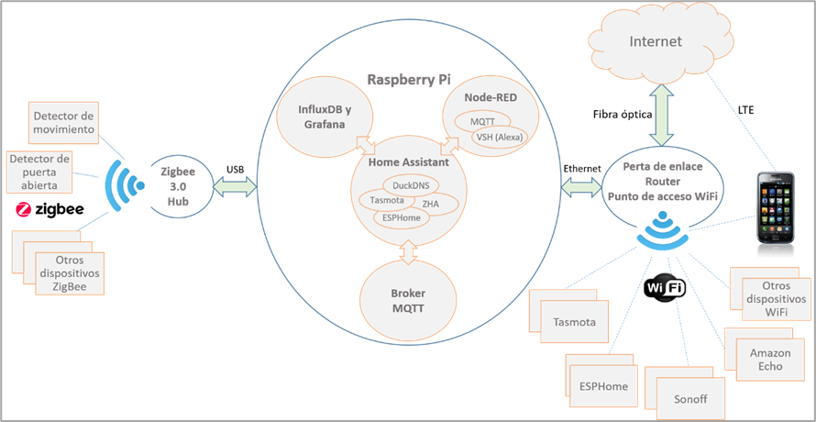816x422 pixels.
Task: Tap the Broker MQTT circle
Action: (410, 300)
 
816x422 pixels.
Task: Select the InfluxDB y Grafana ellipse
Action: (321, 117)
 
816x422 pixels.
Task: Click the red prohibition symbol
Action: (25, 210)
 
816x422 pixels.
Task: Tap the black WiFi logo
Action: (667, 289)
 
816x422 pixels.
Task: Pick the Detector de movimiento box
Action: (64, 123)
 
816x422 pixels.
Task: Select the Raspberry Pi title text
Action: (410, 79)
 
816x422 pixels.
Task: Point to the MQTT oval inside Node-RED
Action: (483, 121)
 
